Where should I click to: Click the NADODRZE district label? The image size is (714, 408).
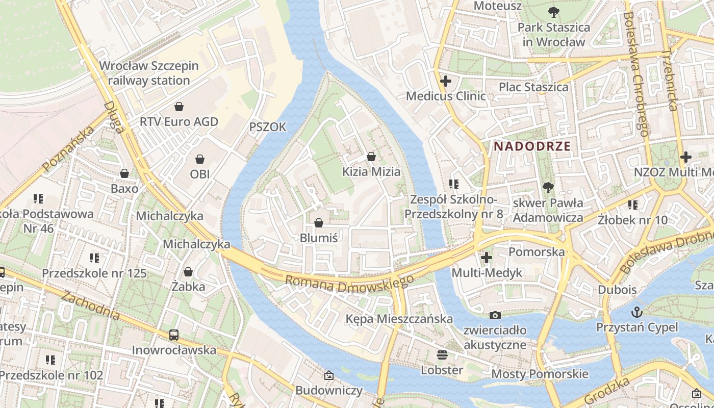tap(532, 146)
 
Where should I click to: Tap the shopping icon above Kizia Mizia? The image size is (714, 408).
tap(371, 157)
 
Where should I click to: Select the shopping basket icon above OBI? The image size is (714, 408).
tap(200, 159)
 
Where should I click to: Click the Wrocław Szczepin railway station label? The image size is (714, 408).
tap(149, 73)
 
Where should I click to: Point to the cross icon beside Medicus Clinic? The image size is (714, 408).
tap(446, 81)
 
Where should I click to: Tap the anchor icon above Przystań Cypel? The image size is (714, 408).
tap(636, 312)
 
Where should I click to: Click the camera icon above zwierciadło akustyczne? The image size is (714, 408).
tap(495, 316)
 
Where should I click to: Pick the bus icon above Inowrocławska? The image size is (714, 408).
tap(174, 335)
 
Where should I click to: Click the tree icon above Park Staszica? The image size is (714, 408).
tap(553, 12)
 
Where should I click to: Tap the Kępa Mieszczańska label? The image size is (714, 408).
tap(399, 319)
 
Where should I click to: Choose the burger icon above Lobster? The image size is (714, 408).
tap(442, 355)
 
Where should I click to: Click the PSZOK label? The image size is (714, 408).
tap(268, 126)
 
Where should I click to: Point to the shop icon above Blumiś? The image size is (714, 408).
tap(319, 223)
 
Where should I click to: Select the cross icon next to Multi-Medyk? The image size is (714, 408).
tap(487, 258)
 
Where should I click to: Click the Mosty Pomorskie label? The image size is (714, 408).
tap(540, 374)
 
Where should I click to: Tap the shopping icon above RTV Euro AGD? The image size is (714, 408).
tap(179, 107)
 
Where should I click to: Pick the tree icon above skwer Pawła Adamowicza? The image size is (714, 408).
tap(548, 188)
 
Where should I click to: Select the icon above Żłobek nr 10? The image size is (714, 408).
tap(633, 205)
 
